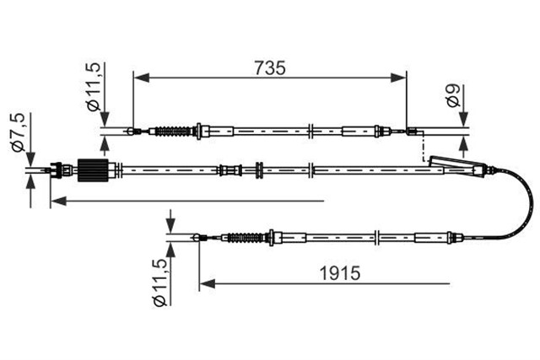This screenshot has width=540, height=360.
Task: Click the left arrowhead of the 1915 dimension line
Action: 204,283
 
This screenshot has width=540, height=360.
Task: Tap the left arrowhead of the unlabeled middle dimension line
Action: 55,201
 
